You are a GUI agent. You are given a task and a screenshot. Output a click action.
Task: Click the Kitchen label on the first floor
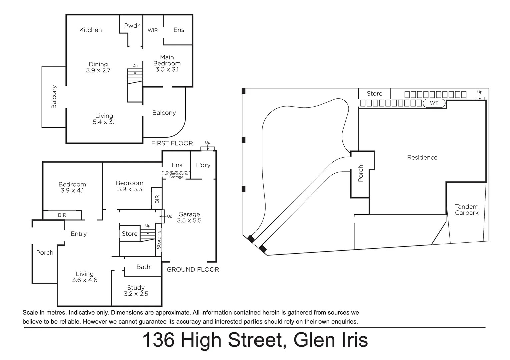click(90, 30)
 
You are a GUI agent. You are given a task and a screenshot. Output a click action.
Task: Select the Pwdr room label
click(132, 26)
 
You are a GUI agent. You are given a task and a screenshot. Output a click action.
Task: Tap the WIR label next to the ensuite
click(153, 30)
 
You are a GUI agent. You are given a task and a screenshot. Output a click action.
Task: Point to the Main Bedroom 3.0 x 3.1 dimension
click(167, 70)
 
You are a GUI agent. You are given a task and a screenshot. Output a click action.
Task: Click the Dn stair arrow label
click(135, 66)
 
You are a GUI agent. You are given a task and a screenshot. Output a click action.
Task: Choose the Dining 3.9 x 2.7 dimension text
click(98, 70)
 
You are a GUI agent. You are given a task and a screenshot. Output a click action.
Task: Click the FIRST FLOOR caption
click(172, 143)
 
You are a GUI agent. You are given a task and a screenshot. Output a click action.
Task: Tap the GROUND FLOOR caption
click(193, 270)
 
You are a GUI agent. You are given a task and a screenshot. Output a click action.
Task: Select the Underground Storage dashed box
click(176, 175)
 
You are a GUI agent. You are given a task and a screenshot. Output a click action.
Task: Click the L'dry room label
click(203, 165)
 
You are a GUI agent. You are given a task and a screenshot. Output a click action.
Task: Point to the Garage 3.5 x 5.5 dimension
click(189, 220)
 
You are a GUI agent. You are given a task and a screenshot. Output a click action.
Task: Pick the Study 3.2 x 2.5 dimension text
click(136, 294)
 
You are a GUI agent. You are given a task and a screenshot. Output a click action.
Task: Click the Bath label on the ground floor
click(143, 267)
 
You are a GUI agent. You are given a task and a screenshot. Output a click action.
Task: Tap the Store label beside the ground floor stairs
click(129, 234)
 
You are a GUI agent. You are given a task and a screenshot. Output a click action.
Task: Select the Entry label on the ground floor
click(79, 234)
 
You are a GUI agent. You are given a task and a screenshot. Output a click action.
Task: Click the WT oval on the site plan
click(434, 103)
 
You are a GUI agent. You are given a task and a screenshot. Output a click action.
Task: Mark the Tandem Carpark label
click(467, 210)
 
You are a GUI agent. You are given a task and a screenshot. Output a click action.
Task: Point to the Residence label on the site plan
click(422, 158)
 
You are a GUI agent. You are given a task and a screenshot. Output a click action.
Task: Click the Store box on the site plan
click(374, 94)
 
